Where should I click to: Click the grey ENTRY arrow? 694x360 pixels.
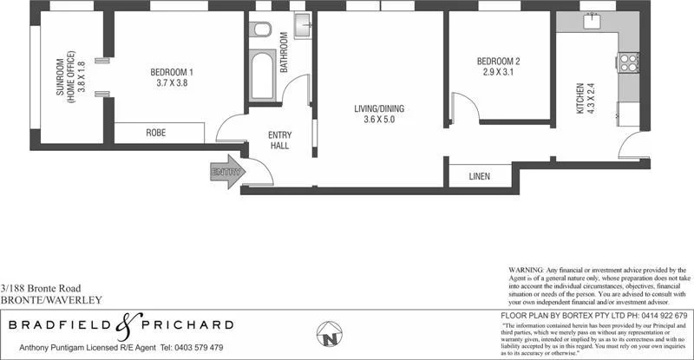(x=227, y=172)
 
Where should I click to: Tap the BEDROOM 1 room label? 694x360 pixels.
(x=172, y=72)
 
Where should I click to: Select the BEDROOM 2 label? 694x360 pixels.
(x=498, y=62)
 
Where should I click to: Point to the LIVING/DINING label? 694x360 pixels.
(x=379, y=109)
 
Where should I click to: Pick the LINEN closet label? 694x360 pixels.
(x=479, y=176)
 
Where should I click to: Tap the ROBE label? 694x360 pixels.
(x=155, y=133)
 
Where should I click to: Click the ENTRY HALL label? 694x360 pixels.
(x=279, y=140)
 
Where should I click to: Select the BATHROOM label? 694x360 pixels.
(x=283, y=54)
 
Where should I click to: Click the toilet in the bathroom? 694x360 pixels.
(x=261, y=32)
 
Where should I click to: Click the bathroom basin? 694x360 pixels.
(x=301, y=27)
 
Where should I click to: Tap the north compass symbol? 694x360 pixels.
(x=329, y=334)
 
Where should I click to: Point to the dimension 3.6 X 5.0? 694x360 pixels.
(x=379, y=121)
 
